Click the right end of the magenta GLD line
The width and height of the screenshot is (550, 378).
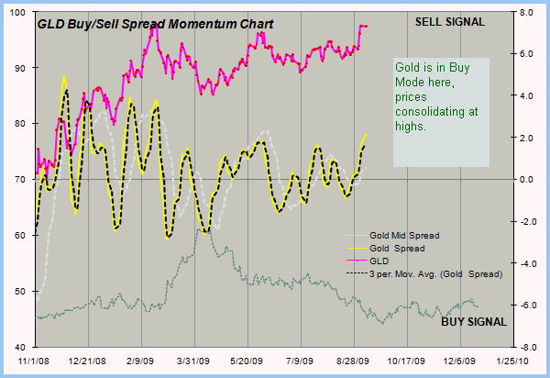(366, 26)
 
